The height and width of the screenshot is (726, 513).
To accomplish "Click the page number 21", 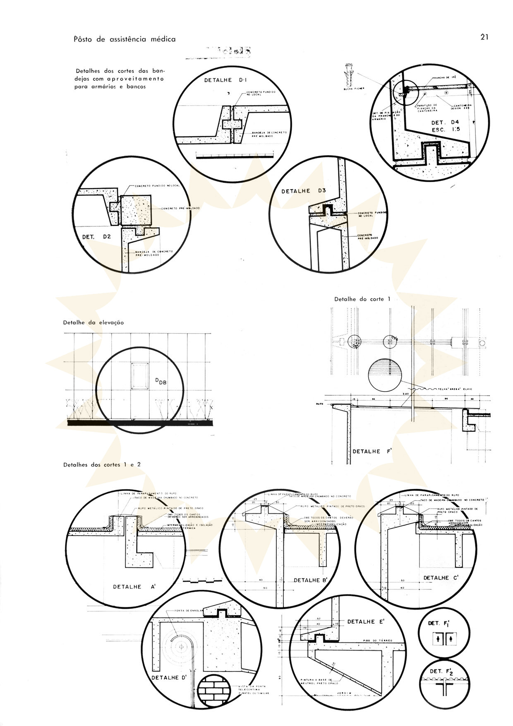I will coord(485,37).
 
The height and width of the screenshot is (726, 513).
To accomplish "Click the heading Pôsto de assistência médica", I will coord(125,39).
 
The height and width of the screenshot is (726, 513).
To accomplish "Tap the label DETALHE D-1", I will coord(225,80).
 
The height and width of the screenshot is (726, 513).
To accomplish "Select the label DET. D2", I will coord(94,237).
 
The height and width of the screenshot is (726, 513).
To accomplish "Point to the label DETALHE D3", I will coord(304,191).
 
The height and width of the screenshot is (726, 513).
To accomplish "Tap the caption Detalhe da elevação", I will coord(93,322).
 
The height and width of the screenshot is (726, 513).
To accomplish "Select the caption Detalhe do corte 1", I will coord(362,299).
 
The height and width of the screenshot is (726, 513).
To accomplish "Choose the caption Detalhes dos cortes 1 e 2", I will coord(102,464).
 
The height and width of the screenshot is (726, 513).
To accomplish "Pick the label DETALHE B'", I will coord(310,580).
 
